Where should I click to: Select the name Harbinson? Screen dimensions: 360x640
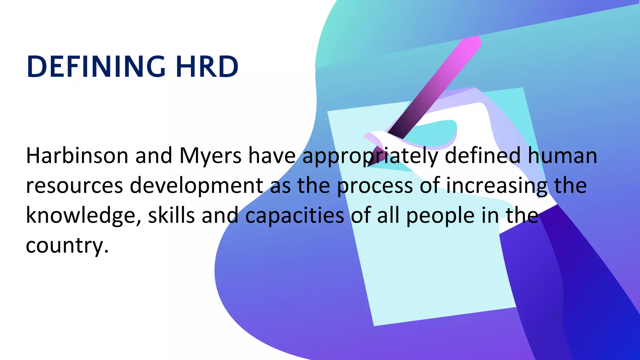click(77, 156)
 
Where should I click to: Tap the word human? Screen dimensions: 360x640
click(562, 156)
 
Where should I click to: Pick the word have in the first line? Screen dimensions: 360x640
click(272, 156)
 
